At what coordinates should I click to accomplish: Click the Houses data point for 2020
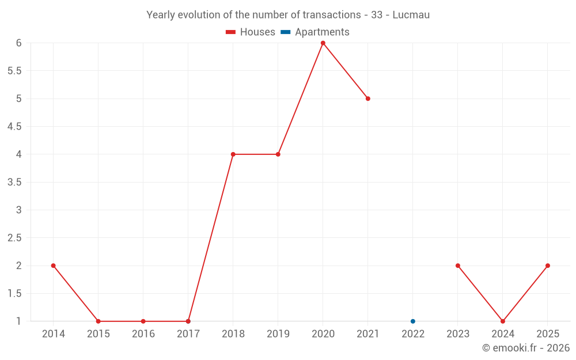pyautogui.click(x=323, y=43)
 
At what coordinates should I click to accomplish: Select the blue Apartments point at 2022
pyautogui.click(x=413, y=321)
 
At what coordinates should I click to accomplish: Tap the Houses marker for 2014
pyautogui.click(x=54, y=266)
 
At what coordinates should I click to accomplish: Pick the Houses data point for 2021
pyautogui.click(x=368, y=98)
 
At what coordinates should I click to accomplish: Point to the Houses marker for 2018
pyautogui.click(x=233, y=154)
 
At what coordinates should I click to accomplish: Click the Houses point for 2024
pyautogui.click(x=503, y=321)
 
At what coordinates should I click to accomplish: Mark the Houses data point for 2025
pyautogui.click(x=548, y=266)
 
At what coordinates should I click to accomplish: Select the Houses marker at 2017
pyautogui.click(x=188, y=321)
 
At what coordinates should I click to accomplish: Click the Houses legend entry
pyautogui.click(x=251, y=32)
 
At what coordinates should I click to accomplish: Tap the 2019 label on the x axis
pyautogui.click(x=278, y=334)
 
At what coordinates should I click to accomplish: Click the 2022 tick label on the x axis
pyautogui.click(x=413, y=334)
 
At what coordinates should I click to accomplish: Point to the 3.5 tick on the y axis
pyautogui.click(x=14, y=182)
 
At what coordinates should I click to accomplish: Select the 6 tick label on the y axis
pyautogui.click(x=19, y=43)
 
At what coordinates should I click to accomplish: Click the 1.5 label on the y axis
pyautogui.click(x=14, y=294)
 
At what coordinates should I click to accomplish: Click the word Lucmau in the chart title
pyautogui.click(x=411, y=15)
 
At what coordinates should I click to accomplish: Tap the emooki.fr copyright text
pyautogui.click(x=526, y=348)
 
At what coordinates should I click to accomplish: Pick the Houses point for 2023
pyautogui.click(x=458, y=266)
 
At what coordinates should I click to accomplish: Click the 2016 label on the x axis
pyautogui.click(x=143, y=334)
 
